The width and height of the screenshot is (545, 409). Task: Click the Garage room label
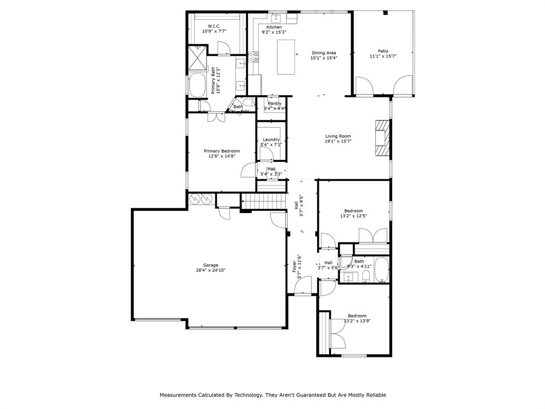(x=210, y=265)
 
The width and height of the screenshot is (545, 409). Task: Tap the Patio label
(x=383, y=51)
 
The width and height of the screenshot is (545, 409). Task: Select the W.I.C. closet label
(x=214, y=26)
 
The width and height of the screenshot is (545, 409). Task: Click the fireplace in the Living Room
(x=382, y=137)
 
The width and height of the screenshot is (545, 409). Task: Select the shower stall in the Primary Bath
(x=197, y=59)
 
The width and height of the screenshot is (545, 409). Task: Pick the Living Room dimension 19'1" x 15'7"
(x=338, y=142)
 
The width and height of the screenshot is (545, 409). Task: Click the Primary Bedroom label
(x=221, y=151)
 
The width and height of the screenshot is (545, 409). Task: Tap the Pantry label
(x=275, y=103)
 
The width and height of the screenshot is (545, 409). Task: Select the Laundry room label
(x=271, y=140)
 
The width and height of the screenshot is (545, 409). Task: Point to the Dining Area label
(x=324, y=53)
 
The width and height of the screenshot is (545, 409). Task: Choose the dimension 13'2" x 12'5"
(x=353, y=216)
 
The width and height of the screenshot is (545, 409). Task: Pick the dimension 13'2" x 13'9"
(x=357, y=321)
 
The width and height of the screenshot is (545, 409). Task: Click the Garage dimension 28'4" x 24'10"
(x=210, y=270)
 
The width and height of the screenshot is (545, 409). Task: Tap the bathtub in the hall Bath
(x=382, y=269)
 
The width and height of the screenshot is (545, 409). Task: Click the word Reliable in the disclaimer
(x=374, y=395)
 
